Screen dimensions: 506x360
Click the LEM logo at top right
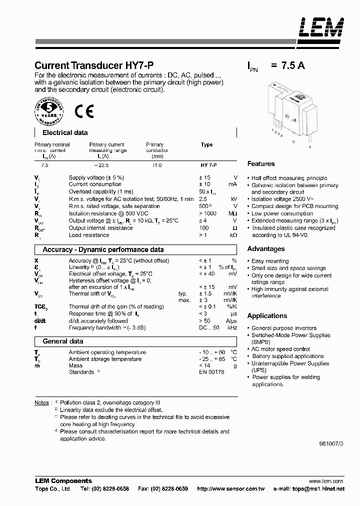[321, 29]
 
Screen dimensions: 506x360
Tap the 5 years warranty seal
[49, 111]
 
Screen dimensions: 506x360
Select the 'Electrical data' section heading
[65, 133]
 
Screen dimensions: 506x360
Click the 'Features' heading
[261, 163]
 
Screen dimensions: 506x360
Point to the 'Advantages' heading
[266, 248]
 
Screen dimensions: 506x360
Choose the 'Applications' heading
[267, 315]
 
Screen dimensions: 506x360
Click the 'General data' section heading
[63, 341]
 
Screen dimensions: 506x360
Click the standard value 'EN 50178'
[212, 372]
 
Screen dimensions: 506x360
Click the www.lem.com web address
[329, 480]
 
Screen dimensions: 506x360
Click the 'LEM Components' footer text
[63, 480]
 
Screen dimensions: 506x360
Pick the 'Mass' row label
[75, 366]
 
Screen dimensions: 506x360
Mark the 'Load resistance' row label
[89, 235]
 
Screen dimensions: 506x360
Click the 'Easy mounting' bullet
[270, 261]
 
